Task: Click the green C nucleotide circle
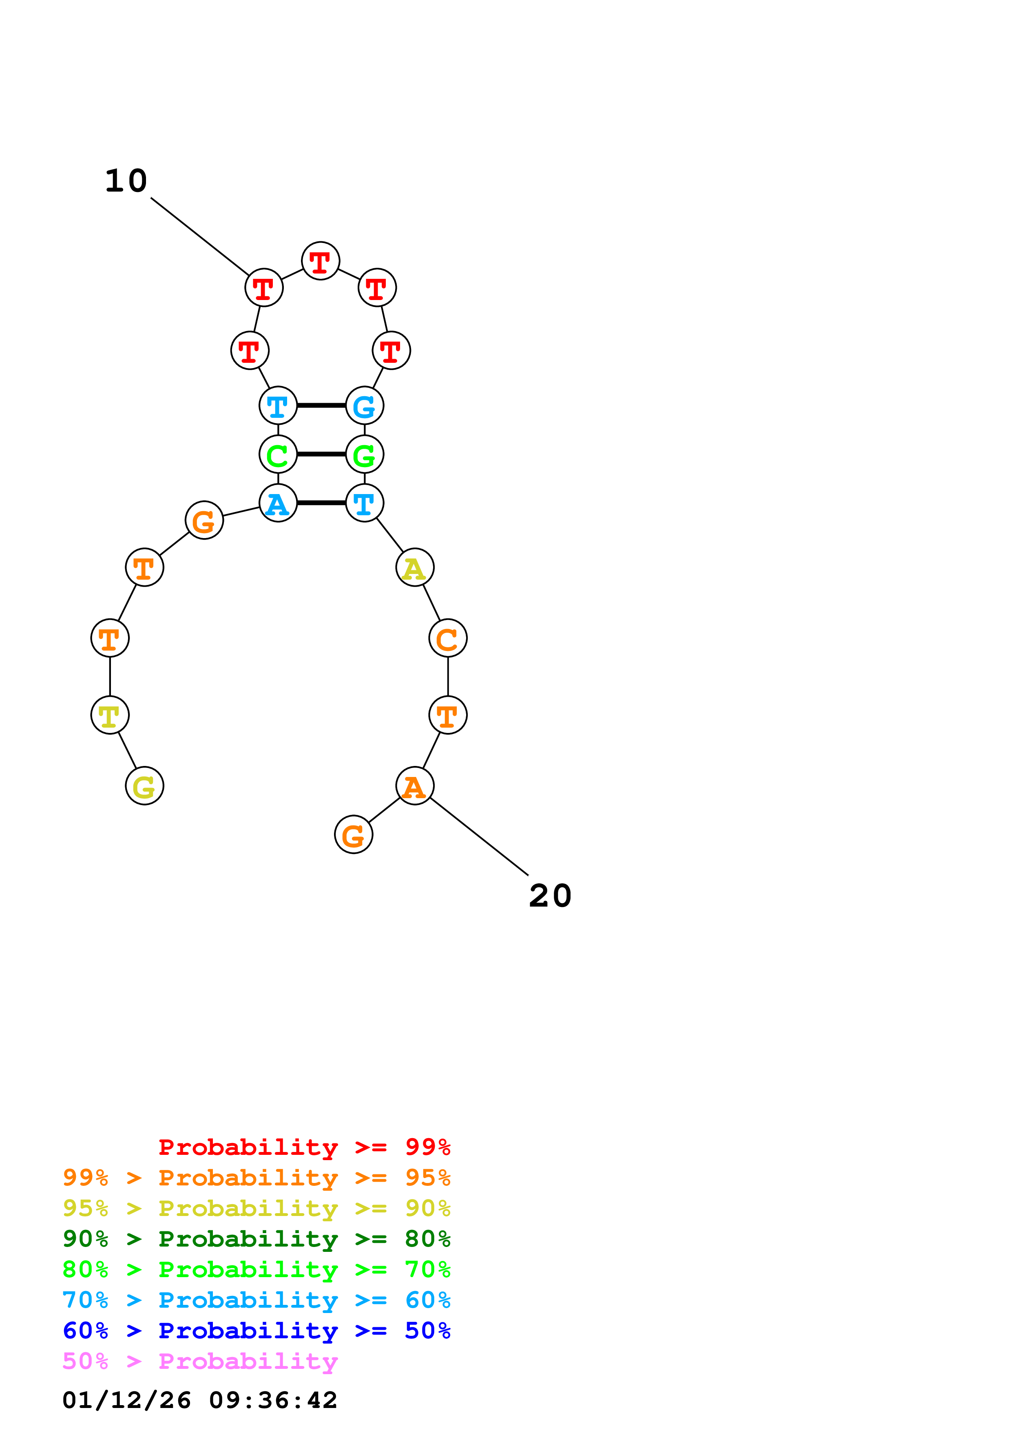point(278,454)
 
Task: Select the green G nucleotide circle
point(365,454)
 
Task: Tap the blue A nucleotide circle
point(278,503)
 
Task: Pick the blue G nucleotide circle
point(365,406)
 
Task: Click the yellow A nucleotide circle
point(415,567)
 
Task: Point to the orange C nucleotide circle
point(448,638)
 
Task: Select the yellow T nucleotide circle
point(110,715)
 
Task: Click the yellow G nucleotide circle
point(144,786)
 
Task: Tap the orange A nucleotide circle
point(415,786)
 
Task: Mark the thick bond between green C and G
point(321,454)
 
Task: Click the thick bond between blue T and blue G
point(321,406)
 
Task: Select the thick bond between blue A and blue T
point(321,503)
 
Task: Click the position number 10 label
point(126,181)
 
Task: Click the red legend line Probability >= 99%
point(304,1147)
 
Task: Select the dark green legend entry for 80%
point(257,1239)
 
